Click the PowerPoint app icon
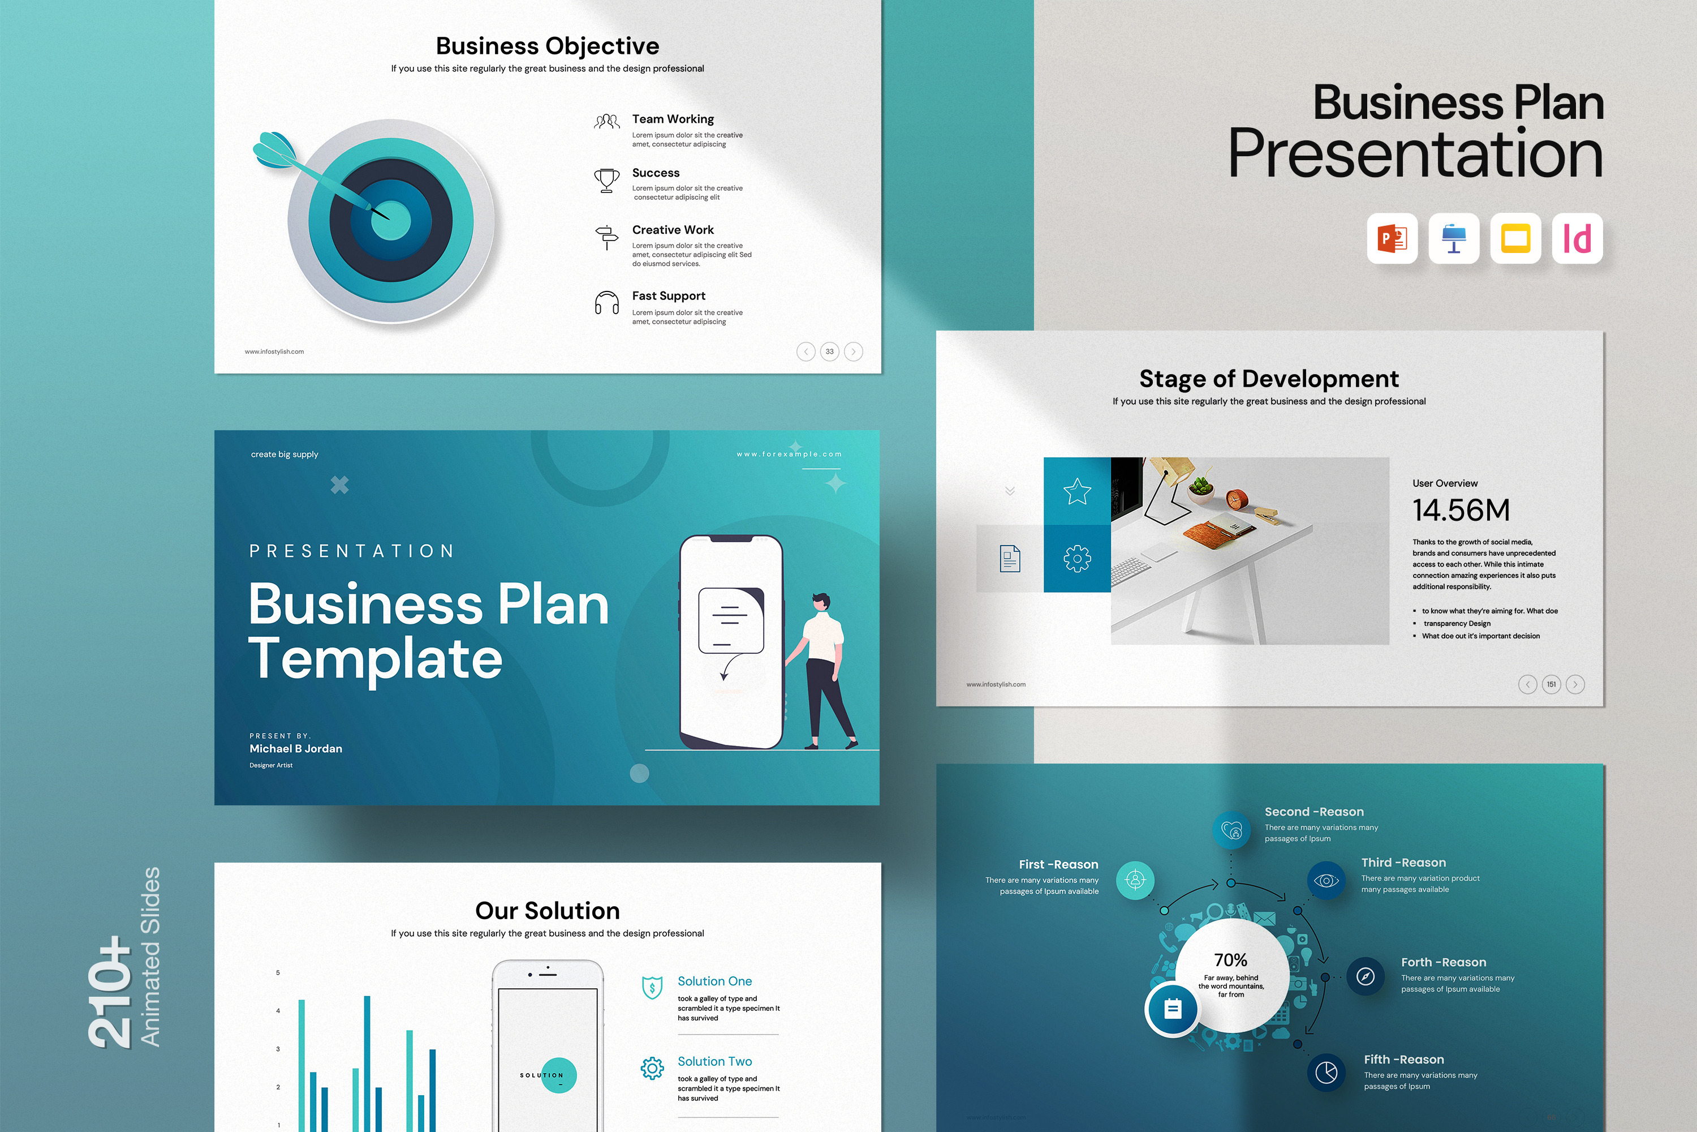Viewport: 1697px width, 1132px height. (x=1392, y=239)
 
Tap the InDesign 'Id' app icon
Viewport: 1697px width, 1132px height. (x=1577, y=239)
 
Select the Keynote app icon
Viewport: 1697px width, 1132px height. (x=1454, y=239)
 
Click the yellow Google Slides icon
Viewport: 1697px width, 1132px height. (x=1515, y=239)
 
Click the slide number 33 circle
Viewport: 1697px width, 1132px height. (x=830, y=351)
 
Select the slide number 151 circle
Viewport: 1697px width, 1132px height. (x=1551, y=684)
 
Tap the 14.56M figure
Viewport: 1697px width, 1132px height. (x=1461, y=511)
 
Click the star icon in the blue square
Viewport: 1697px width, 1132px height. (x=1077, y=492)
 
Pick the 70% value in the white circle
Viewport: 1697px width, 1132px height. (x=1231, y=960)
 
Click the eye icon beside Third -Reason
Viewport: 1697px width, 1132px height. (x=1326, y=881)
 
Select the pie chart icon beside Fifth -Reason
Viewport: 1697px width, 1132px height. (x=1326, y=1073)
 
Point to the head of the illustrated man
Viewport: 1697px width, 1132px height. (x=821, y=601)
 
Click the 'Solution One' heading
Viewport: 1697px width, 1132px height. (x=714, y=981)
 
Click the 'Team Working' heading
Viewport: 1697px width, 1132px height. (x=673, y=119)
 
